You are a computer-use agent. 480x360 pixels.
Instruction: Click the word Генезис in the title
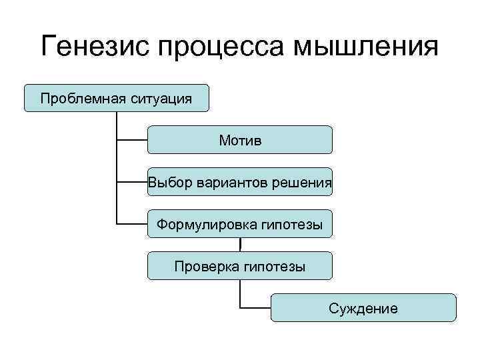(93, 48)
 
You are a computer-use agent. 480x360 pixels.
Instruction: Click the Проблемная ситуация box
(116, 98)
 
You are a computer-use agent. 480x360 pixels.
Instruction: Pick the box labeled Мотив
(240, 140)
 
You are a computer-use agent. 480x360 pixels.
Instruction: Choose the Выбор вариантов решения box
(240, 182)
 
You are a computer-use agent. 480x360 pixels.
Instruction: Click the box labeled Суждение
(364, 308)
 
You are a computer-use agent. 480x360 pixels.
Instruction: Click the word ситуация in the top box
(161, 99)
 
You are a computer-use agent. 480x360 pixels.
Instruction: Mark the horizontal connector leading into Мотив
(132, 140)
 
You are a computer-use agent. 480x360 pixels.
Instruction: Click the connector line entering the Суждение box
(256, 308)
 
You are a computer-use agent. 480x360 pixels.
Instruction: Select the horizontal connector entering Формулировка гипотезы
(132, 224)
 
